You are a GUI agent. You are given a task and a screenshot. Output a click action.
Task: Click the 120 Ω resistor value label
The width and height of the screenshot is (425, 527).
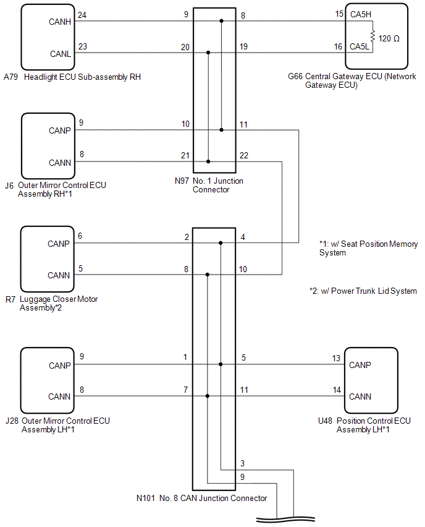(x=389, y=38)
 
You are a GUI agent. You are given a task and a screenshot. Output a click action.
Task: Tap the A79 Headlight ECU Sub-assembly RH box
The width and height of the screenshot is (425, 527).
(x=47, y=37)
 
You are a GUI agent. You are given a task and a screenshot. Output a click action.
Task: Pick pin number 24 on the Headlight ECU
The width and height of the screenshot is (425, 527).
(x=82, y=14)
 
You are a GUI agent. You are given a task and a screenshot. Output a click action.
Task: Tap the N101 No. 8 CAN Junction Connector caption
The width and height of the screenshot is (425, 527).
(x=201, y=498)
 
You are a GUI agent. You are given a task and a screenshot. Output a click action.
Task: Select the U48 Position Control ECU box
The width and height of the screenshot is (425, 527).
(x=374, y=380)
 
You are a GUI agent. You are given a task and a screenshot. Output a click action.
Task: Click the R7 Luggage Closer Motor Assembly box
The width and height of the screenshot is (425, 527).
(x=47, y=258)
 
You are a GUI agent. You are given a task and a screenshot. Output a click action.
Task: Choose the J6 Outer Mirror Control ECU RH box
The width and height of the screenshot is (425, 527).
(x=47, y=145)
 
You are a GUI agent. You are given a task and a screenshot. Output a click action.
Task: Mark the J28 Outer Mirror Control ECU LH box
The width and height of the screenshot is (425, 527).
(x=47, y=380)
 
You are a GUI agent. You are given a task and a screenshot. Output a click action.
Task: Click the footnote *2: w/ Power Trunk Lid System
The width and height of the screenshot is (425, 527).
(x=363, y=291)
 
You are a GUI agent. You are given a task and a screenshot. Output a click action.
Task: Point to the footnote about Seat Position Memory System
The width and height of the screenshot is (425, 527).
(x=368, y=249)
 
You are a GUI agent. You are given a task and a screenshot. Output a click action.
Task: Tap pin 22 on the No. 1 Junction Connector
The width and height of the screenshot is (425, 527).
(x=244, y=155)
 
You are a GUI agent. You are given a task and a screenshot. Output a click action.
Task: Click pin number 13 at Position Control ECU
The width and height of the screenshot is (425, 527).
(x=336, y=358)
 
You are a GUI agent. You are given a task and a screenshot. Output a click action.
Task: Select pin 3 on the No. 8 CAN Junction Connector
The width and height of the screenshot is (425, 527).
(x=243, y=463)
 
